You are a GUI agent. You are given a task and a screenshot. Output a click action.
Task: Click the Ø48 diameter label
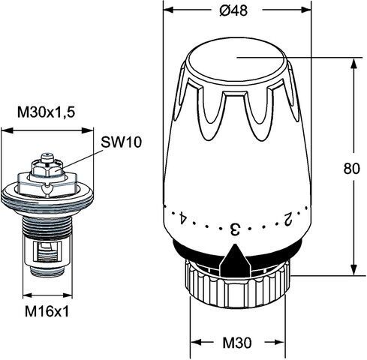click(x=233, y=10)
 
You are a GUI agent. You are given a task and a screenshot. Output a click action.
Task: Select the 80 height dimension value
click(x=351, y=168)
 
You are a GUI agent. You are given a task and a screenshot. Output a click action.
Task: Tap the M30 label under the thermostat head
click(x=237, y=343)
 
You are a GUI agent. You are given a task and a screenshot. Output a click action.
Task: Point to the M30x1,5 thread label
click(x=47, y=112)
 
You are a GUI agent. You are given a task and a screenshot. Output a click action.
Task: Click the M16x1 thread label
click(x=47, y=311)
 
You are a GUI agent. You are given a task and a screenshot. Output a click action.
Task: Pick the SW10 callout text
click(x=122, y=142)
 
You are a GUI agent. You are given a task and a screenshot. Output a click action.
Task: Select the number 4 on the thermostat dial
click(x=182, y=218)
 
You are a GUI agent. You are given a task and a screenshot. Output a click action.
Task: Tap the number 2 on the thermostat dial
click(x=288, y=219)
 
